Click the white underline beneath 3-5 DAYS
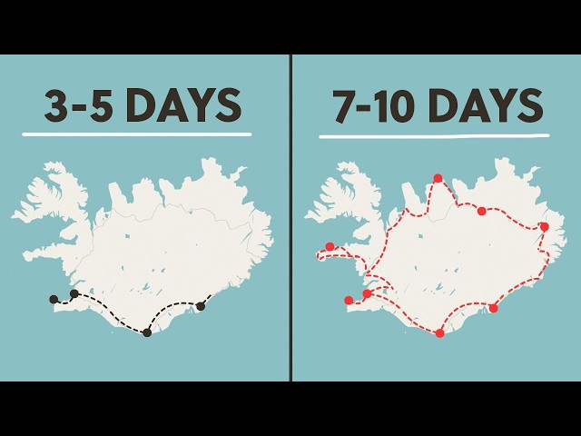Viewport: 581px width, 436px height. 136,134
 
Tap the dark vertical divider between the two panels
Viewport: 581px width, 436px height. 291,218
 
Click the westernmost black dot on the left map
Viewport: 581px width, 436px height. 54,299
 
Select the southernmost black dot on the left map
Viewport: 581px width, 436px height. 147,332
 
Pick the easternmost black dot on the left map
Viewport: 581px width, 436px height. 201,306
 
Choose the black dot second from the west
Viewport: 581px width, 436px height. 74,293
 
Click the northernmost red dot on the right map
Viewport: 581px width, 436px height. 438,178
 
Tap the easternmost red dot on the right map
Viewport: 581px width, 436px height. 544,226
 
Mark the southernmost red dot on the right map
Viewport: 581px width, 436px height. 440,333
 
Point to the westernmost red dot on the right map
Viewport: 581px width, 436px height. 330,246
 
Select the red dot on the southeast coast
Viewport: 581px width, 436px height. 494,308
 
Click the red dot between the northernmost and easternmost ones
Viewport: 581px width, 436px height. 482,211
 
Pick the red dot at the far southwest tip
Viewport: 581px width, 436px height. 349,300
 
